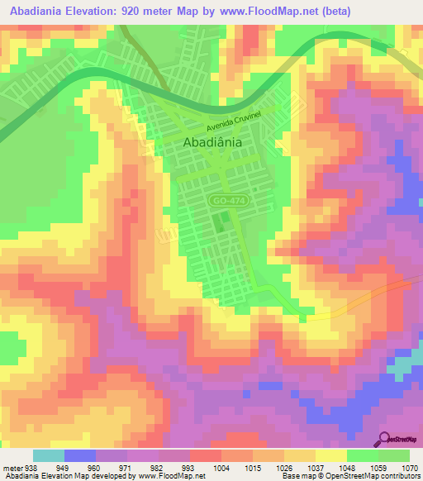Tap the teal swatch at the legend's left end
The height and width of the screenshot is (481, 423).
click(48, 455)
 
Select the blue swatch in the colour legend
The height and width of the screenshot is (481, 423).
click(80, 455)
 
